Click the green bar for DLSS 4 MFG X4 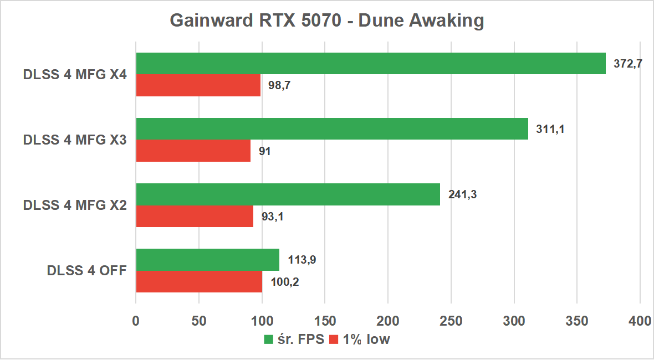point(370,64)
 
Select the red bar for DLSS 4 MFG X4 point(198,85)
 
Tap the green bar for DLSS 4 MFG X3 point(331,128)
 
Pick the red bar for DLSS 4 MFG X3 point(193,151)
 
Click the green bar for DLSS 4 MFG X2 point(288,194)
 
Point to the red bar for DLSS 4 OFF point(199,281)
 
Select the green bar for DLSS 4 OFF point(207,260)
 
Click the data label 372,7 point(628,64)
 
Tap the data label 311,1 point(550,129)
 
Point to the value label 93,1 point(272,216)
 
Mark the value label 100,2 point(285,281)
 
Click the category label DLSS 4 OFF point(87,271)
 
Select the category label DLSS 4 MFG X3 point(75,140)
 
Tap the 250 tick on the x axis point(451,321)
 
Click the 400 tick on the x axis point(640,321)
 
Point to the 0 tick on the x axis point(136,321)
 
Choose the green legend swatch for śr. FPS point(269,340)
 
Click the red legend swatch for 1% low point(334,340)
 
